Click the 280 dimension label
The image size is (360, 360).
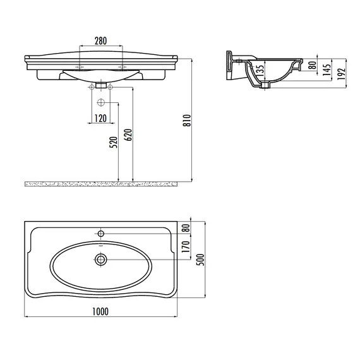pyautogui.click(x=101, y=41)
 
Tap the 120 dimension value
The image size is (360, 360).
pyautogui.click(x=101, y=119)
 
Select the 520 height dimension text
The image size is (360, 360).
pyautogui.click(x=114, y=142)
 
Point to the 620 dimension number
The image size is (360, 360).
pyautogui.click(x=128, y=135)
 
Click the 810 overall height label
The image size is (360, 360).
pyautogui.click(x=187, y=120)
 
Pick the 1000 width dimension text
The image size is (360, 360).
pyautogui.click(x=100, y=311)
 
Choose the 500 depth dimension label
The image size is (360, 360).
pyautogui.click(x=200, y=260)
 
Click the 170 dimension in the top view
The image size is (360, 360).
pyautogui.click(x=186, y=246)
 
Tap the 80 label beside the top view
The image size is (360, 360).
pyautogui.click(x=186, y=228)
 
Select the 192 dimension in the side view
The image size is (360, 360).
pyautogui.click(x=342, y=74)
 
